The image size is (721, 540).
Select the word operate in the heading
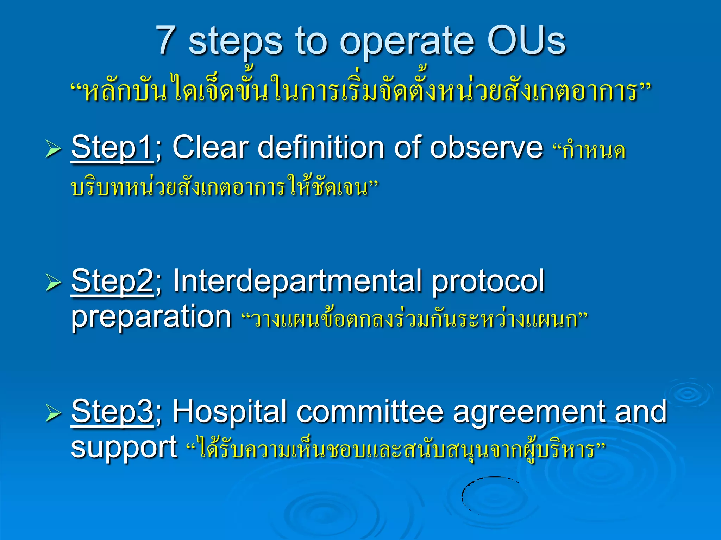click(407, 42)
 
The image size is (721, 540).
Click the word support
click(124, 448)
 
